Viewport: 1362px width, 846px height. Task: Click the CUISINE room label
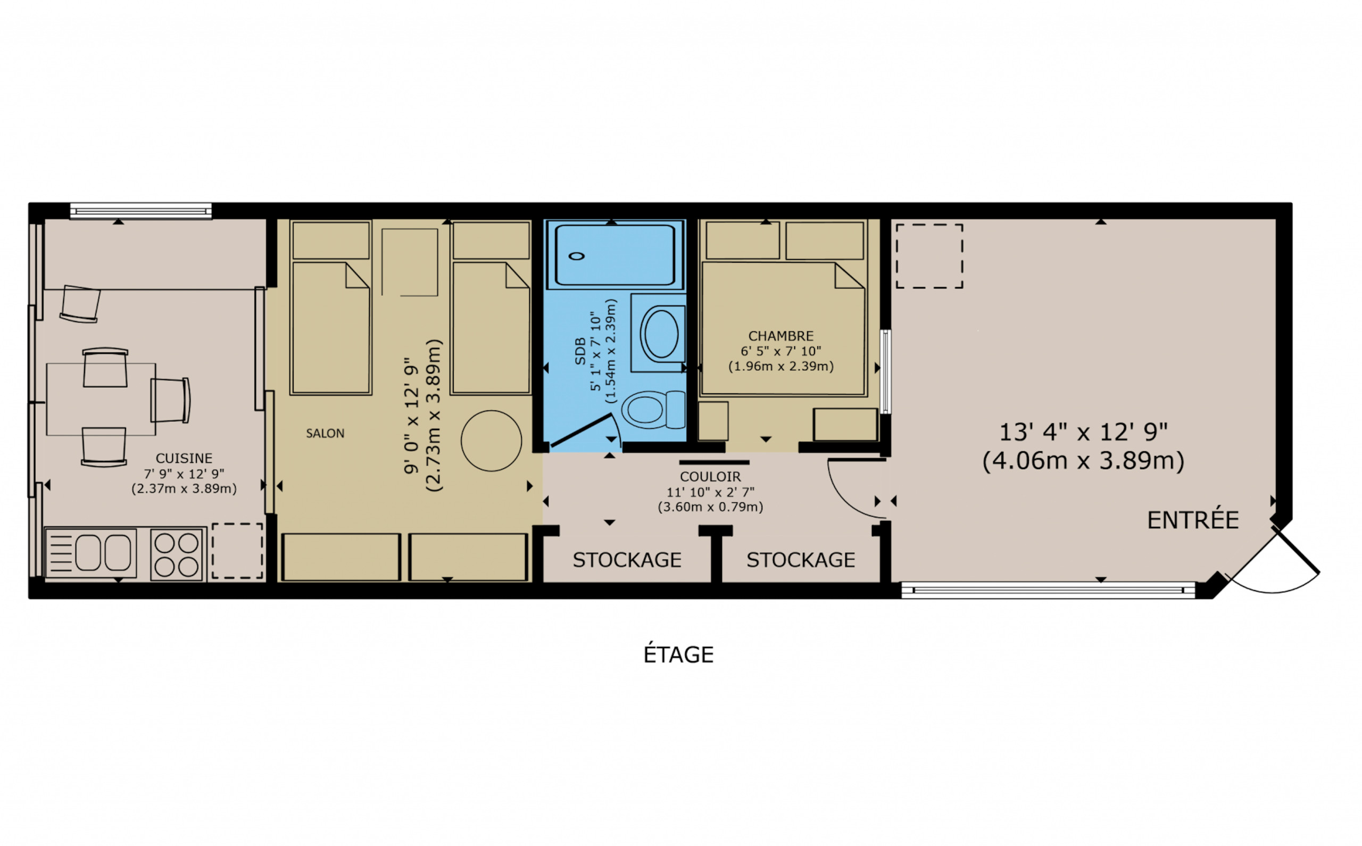tap(184, 458)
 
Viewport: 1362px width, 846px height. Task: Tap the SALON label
tap(325, 433)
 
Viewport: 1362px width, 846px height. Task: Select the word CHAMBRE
tap(781, 336)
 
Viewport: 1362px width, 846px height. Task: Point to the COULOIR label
tap(710, 477)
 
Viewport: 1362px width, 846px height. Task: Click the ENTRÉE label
tap(1193, 520)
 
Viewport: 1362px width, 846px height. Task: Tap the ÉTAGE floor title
tap(678, 654)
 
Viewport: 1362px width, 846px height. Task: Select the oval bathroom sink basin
tap(661, 334)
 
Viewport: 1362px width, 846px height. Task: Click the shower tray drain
tap(577, 256)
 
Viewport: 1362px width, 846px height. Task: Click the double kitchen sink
tap(90, 553)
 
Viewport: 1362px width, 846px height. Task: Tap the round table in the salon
tap(491, 441)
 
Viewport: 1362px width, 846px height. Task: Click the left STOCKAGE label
tap(627, 560)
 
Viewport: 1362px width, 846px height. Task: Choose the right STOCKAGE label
tap(801, 560)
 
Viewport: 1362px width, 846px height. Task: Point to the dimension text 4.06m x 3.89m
tap(1083, 461)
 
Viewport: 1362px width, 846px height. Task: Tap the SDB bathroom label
tap(580, 351)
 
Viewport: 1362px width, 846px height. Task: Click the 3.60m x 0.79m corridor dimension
tap(710, 507)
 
